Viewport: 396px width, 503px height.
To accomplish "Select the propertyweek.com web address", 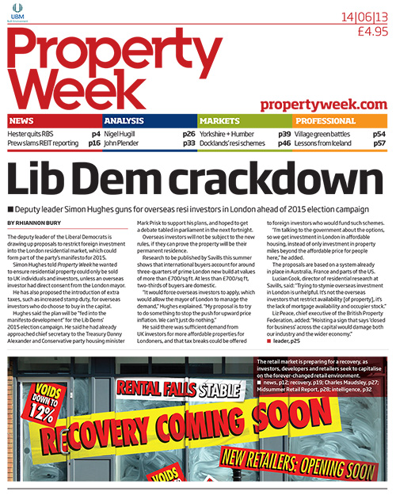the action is coord(322,104).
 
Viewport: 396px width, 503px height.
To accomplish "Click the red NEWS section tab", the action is coord(22,121).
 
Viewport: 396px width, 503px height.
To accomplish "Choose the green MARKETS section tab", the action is coord(219,121).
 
